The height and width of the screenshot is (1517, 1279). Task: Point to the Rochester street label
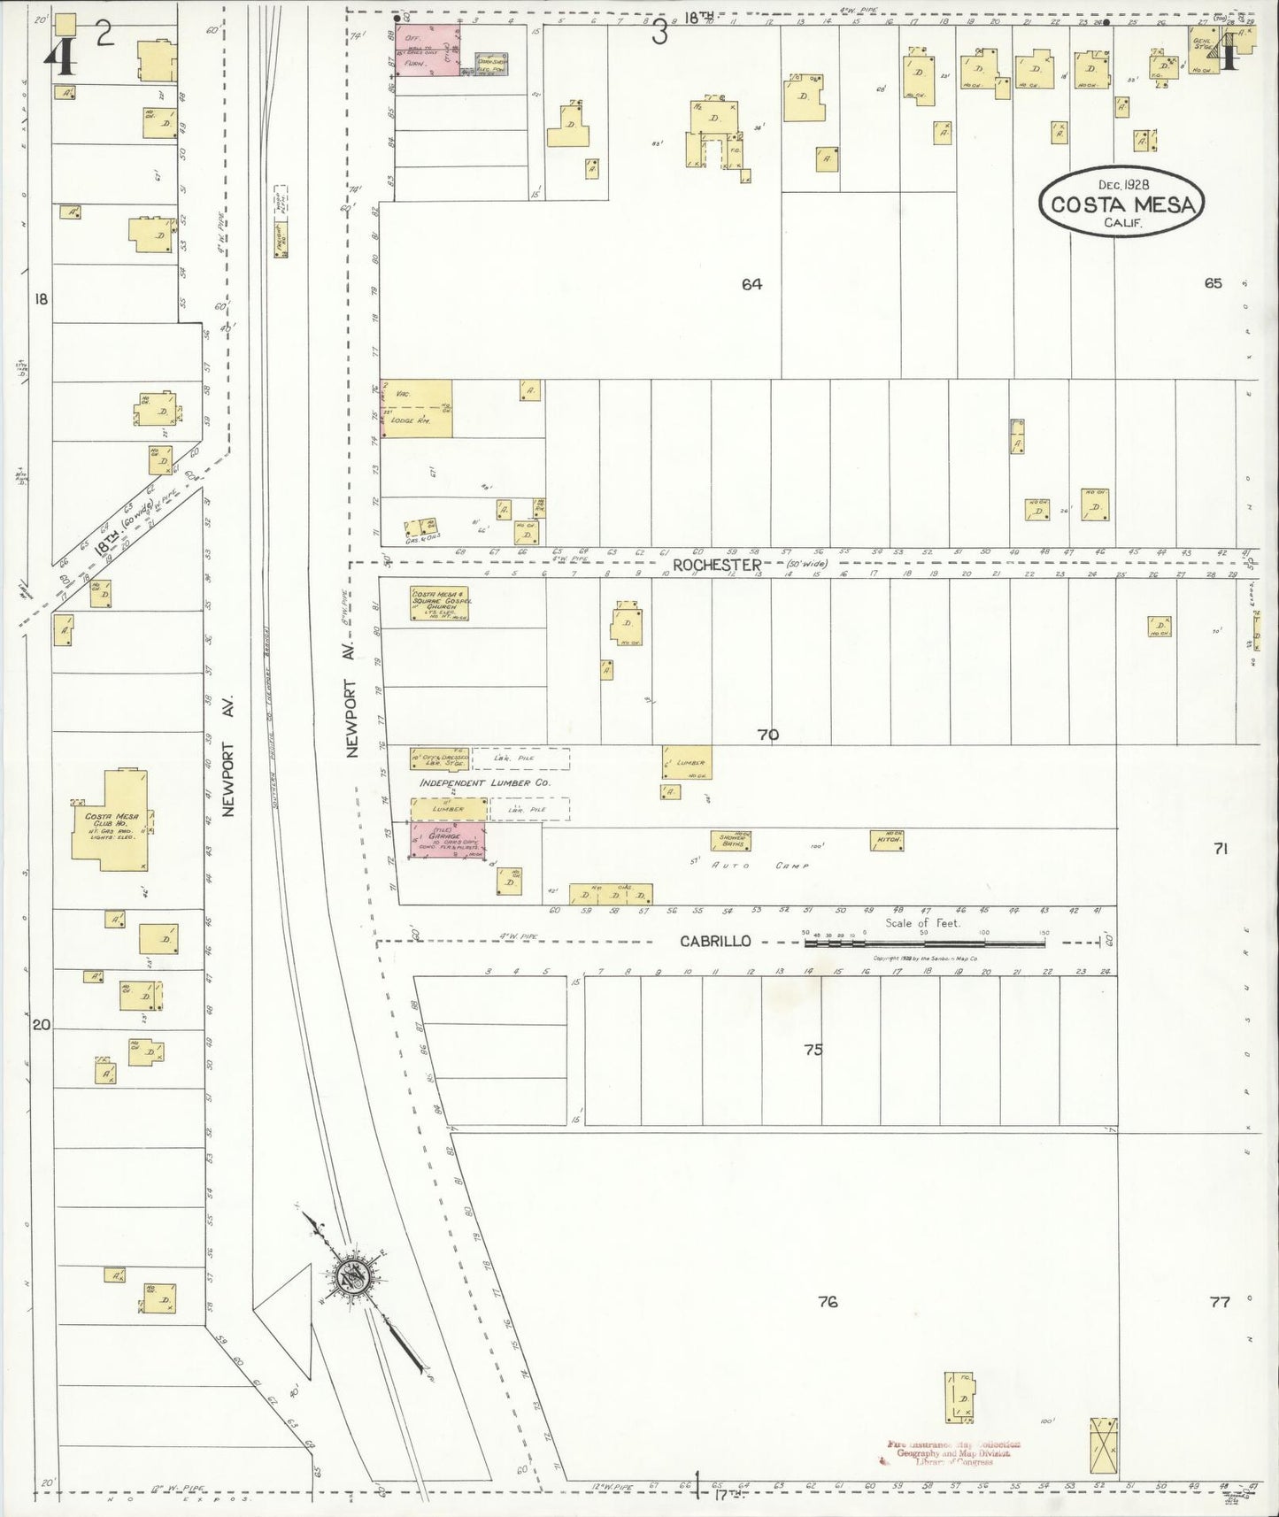717,565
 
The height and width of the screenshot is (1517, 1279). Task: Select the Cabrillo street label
715,941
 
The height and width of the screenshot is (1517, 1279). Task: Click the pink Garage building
447,839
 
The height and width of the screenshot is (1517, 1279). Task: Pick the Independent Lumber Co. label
484,783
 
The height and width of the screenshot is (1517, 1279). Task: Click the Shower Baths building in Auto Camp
732,841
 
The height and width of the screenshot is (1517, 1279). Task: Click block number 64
751,284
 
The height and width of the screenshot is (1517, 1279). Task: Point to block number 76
828,1302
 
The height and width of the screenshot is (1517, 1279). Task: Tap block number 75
813,1050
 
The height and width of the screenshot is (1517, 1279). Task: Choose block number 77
1220,1302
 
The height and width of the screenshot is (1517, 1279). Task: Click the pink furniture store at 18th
426,50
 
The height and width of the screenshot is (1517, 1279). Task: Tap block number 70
767,735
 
